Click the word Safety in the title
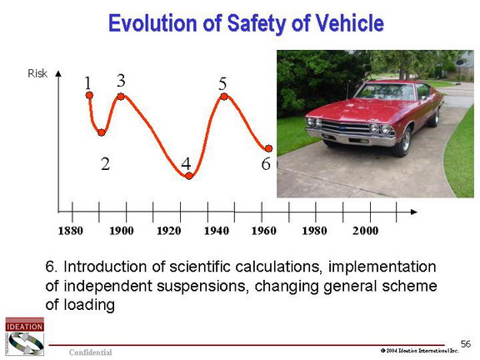[257, 24]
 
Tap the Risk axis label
[37, 73]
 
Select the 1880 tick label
[70, 231]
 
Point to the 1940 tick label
[217, 231]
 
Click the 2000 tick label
[365, 231]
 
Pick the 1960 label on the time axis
[263, 231]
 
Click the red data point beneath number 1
[89, 95]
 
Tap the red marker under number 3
[121, 97]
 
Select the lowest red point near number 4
[189, 176]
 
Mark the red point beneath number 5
[224, 97]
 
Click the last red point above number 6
[268, 148]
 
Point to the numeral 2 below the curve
[105, 164]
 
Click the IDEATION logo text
[24, 327]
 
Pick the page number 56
[466, 344]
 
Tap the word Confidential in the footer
[90, 352]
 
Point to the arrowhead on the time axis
[414, 212]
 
